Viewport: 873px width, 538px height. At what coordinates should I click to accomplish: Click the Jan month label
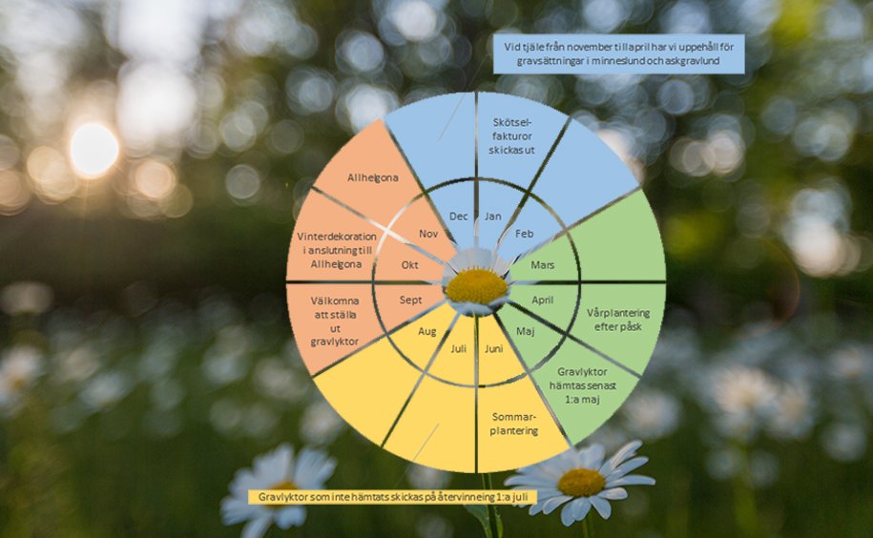493,217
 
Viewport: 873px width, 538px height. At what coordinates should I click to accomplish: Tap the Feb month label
525,234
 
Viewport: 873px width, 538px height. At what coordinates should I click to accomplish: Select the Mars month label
543,264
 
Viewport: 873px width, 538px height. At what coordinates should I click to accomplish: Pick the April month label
543,300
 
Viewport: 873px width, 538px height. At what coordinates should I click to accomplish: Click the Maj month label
525,331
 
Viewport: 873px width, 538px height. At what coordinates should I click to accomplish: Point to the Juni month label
493,348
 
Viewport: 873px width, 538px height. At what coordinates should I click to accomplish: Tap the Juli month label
459,348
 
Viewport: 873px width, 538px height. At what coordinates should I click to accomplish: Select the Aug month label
427,331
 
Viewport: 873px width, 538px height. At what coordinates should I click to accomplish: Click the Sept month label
410,300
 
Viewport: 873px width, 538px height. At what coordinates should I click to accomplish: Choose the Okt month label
410,264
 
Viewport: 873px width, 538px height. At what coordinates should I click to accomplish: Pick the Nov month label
427,234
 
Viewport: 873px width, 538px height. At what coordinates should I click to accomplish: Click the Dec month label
459,217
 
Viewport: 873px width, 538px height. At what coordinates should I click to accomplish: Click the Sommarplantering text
515,424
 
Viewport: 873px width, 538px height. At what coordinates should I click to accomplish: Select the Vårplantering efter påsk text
618,320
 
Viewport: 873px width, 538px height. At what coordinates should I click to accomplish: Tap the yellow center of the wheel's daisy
477,285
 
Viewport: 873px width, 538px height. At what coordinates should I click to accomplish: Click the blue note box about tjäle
620,54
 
